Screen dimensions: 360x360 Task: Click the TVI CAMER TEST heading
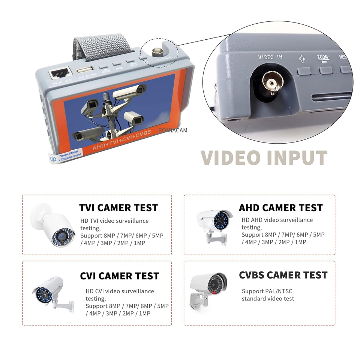tap(118, 208)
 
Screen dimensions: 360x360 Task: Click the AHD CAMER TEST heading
tap(280, 208)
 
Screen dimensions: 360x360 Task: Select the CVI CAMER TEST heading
tap(119, 276)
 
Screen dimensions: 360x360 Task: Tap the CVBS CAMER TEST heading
tap(283, 275)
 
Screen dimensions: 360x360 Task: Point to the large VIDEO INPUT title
tap(264, 157)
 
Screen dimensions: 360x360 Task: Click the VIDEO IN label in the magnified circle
tap(270, 57)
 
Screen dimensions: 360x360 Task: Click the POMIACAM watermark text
tap(173, 130)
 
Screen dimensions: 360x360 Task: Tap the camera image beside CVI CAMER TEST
tap(51, 292)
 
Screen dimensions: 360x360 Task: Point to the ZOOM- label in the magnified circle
tap(323, 57)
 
